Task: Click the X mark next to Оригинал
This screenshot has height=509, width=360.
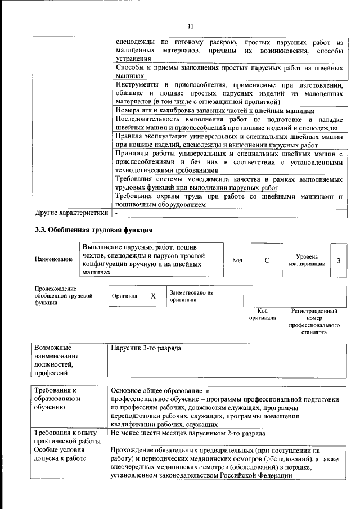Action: click(x=152, y=295)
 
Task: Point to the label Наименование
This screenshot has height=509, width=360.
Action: click(x=53, y=259)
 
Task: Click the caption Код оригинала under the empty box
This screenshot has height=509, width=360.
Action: click(x=262, y=314)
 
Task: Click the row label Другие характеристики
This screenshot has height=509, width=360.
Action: click(x=71, y=214)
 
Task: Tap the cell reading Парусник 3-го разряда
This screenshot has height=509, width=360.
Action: click(x=146, y=349)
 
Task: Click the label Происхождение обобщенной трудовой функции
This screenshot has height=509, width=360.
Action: click(x=63, y=295)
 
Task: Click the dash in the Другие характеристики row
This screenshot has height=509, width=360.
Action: click(x=116, y=214)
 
